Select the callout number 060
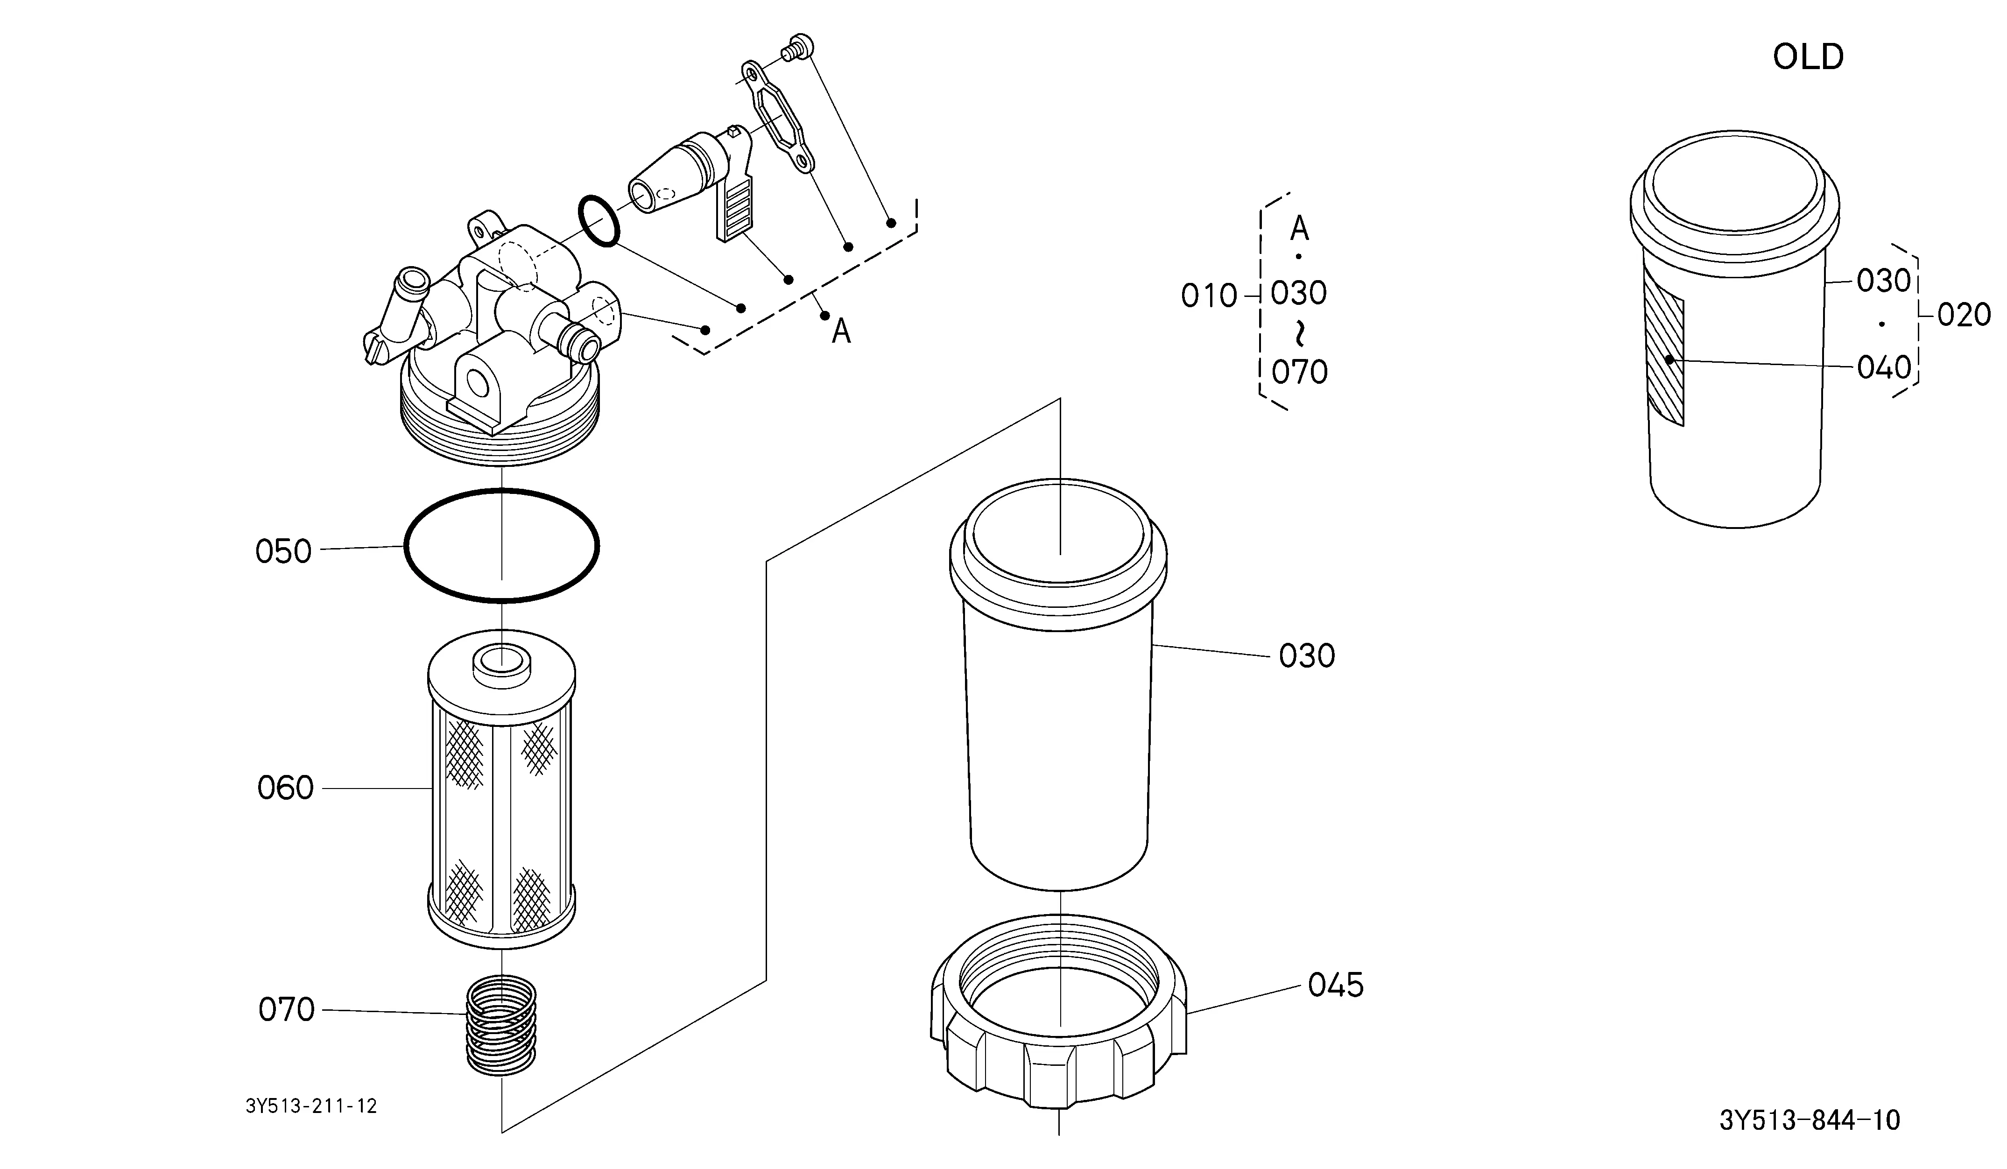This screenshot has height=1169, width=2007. pos(285,789)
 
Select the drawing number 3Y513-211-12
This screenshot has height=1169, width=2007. pos(311,1106)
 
